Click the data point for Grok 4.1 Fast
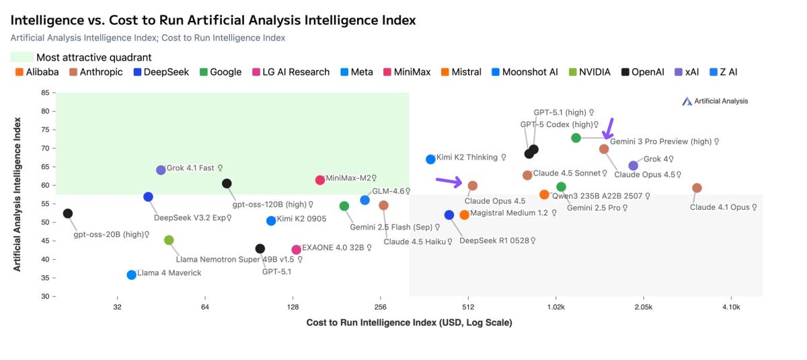click(x=161, y=170)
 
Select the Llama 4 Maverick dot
click(x=131, y=275)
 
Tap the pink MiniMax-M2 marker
click(x=320, y=180)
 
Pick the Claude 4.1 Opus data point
click(x=697, y=188)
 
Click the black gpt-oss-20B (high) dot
click(x=67, y=213)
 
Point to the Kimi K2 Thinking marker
click(x=430, y=159)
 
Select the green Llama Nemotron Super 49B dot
click(x=169, y=240)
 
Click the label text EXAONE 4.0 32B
click(x=332, y=248)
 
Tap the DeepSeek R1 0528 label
click(x=497, y=240)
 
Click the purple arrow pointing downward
click(x=609, y=128)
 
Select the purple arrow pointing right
click(x=449, y=181)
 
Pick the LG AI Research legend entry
click(x=291, y=72)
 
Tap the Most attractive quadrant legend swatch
click(x=22, y=57)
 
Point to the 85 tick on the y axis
click(x=45, y=92)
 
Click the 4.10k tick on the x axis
click(x=731, y=308)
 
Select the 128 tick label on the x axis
click(x=293, y=308)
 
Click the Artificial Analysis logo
click(x=715, y=101)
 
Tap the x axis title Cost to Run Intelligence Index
click(x=409, y=323)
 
